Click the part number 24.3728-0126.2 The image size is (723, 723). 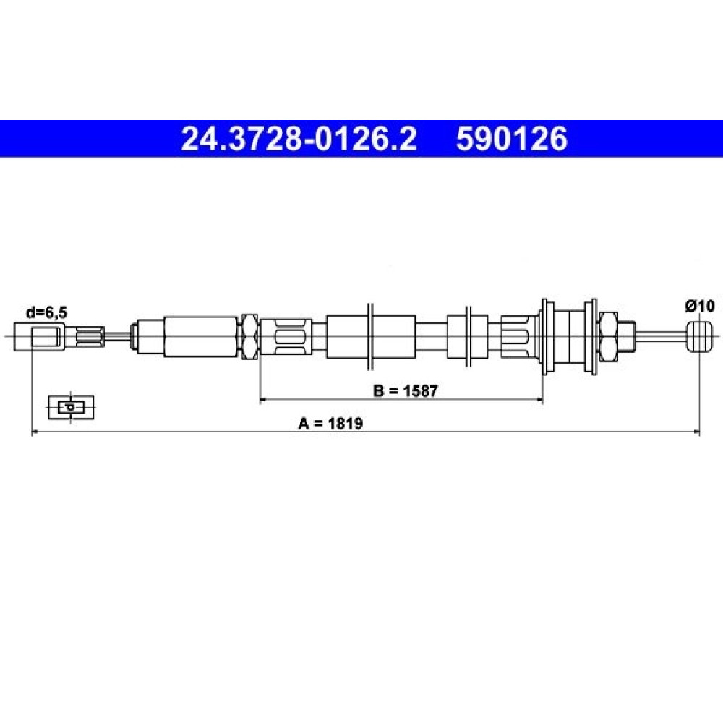299,139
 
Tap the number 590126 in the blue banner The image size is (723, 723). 511,139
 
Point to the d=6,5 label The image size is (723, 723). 46,312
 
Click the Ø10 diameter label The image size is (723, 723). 699,306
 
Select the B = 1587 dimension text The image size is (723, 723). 405,391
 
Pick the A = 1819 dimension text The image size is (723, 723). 330,423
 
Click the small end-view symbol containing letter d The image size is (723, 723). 71,408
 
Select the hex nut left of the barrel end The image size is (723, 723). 608,337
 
